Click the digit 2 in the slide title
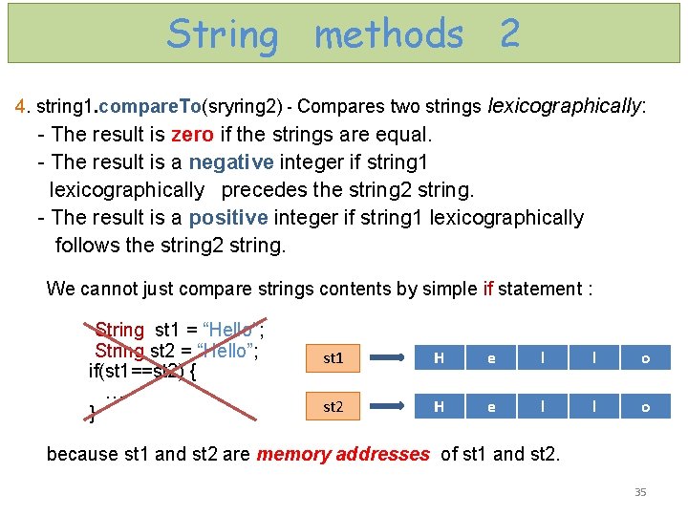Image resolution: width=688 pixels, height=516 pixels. click(x=509, y=34)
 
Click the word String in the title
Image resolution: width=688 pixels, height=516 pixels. click(x=223, y=34)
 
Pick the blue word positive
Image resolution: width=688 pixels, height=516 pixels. click(x=228, y=218)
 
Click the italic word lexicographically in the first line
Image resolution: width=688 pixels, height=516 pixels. click(x=565, y=106)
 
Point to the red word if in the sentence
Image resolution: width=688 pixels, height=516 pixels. click(x=488, y=289)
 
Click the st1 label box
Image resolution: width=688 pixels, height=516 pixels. click(x=333, y=358)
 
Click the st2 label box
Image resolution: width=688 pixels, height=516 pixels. click(x=333, y=406)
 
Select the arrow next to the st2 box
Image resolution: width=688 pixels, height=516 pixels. click(x=391, y=407)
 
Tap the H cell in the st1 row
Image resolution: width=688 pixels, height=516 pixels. click(x=439, y=358)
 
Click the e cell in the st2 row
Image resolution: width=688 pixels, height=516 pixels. click(x=491, y=406)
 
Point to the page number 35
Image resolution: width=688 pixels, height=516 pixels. click(x=640, y=492)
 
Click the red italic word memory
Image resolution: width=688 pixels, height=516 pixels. click(x=290, y=454)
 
